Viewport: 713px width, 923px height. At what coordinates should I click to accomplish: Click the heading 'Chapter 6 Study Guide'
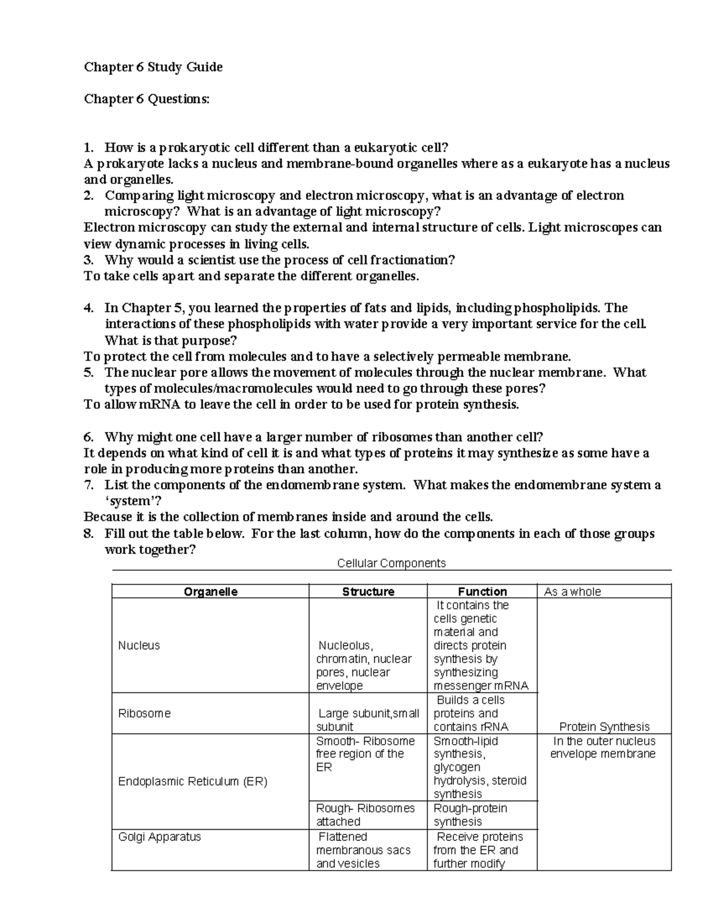tap(153, 67)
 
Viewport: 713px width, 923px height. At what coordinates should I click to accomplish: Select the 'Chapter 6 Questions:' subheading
tap(147, 99)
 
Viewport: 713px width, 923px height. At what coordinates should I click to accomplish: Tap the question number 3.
tap(89, 260)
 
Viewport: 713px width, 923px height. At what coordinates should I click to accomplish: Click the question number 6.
tap(89, 437)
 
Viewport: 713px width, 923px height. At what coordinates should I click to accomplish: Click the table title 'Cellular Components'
tap(391, 563)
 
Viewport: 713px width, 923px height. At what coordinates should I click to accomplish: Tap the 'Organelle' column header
tap(210, 591)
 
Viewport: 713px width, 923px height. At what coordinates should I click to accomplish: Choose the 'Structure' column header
tap(368, 591)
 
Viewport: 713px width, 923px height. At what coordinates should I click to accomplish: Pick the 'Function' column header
tap(482, 591)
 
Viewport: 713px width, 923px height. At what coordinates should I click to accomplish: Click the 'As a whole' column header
tap(572, 591)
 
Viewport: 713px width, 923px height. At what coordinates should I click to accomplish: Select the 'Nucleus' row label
tap(139, 645)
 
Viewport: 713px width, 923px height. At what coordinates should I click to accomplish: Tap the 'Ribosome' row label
tap(144, 713)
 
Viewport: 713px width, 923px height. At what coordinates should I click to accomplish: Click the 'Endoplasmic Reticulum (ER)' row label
tap(193, 782)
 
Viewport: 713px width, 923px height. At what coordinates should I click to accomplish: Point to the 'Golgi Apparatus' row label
tap(159, 837)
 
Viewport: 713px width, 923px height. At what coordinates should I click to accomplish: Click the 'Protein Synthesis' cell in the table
tap(604, 726)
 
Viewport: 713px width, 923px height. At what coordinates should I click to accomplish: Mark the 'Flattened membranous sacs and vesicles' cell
tap(363, 850)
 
